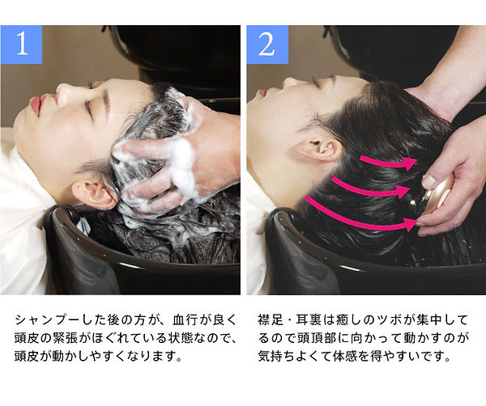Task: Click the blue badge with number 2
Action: tap(266, 44)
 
